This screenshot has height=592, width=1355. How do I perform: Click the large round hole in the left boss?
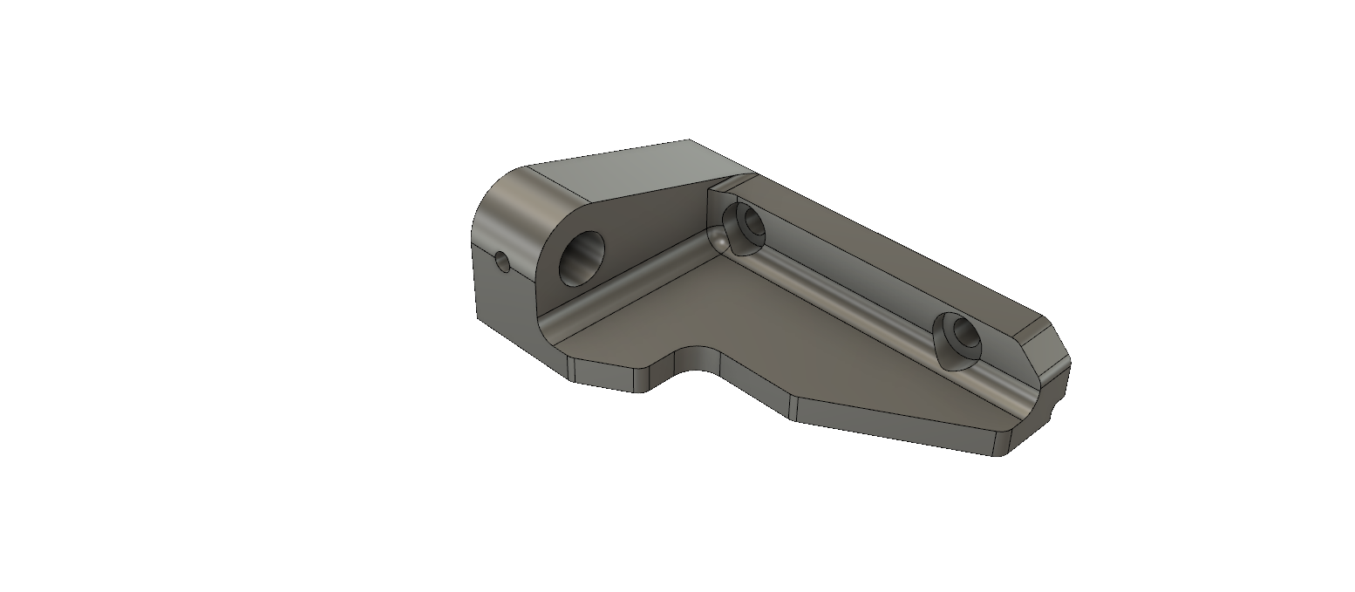[582, 259]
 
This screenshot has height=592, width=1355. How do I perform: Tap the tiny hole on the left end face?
[501, 261]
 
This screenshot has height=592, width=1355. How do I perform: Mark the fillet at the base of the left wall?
[619, 288]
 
